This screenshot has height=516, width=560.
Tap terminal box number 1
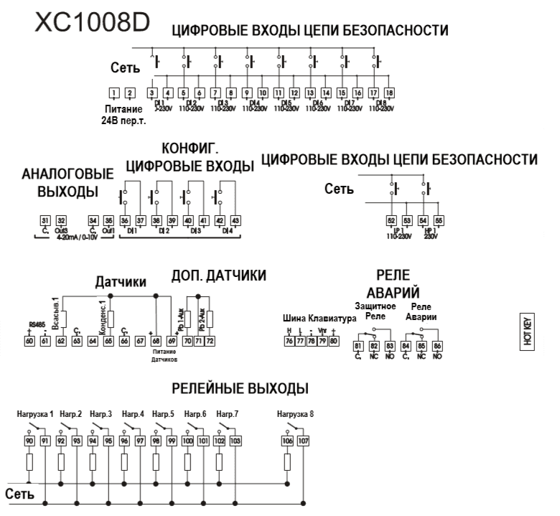tap(113, 92)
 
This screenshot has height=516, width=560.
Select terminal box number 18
tap(389, 92)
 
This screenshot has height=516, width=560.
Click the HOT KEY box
tap(528, 330)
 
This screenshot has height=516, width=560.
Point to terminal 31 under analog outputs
tap(45, 220)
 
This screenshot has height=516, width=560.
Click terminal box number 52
tap(391, 220)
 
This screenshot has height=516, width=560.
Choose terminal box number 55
tap(439, 220)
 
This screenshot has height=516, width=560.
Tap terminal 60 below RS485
tap(29, 340)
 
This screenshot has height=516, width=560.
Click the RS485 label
tap(36, 324)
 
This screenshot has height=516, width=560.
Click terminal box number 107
tap(303, 441)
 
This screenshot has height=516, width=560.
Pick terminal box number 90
tap(29, 441)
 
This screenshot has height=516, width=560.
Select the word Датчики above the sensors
tap(121, 282)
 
